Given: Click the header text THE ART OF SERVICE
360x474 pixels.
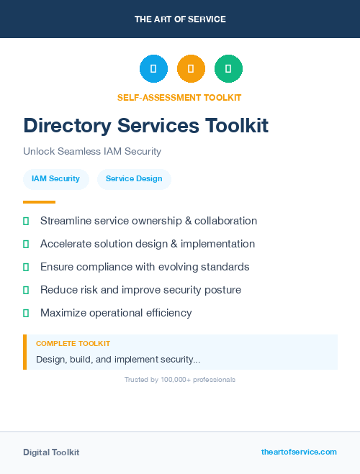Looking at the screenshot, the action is (x=180, y=19).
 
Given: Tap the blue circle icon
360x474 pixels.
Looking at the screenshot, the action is (x=153, y=68).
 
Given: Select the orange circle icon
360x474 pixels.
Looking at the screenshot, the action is (x=191, y=68).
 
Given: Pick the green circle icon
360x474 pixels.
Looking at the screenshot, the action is (x=228, y=68).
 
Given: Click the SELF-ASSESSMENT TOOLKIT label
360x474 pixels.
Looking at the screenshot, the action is (x=179, y=98).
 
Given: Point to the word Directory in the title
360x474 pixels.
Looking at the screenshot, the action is (x=68, y=126).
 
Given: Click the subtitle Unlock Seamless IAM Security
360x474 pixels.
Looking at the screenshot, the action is (x=92, y=152).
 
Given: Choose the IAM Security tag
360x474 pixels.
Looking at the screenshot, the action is (x=55, y=178).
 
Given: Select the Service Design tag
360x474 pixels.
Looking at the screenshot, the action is (x=134, y=178).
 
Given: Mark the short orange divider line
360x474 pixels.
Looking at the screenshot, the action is (x=39, y=202).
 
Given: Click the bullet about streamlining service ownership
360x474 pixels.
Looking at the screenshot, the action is (x=148, y=221).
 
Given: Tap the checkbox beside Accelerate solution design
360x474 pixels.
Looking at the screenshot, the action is (x=26, y=244).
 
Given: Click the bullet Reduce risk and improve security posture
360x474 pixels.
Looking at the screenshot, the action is (x=140, y=290).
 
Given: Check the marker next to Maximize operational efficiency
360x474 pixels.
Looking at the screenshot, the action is (x=26, y=313).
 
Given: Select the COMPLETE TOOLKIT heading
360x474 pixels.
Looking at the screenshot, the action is (x=73, y=344).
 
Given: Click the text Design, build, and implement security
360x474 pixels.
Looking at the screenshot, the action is (x=118, y=359).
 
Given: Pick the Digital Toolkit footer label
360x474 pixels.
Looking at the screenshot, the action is (x=51, y=452).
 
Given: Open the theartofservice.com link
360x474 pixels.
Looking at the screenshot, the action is (x=299, y=452).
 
